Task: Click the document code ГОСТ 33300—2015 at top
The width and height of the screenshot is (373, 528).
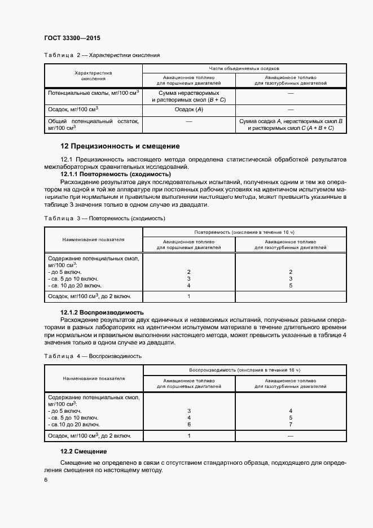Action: [72, 38]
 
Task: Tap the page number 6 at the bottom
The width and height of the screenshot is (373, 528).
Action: [46, 479]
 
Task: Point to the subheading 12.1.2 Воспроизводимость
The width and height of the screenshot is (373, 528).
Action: [102, 312]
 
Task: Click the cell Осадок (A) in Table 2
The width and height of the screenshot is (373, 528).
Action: [188, 110]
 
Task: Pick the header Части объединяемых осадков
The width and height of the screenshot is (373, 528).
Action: [244, 68]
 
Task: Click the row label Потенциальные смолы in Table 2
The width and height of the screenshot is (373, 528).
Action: [93, 92]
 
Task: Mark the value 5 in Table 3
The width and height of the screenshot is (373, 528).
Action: [290, 286]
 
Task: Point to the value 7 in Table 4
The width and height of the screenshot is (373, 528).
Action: [290, 424]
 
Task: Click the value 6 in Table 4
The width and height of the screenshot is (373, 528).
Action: [188, 424]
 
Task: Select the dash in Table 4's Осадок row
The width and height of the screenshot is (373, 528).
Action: [290, 435]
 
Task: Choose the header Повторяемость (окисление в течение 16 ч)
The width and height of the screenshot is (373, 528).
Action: [244, 232]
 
